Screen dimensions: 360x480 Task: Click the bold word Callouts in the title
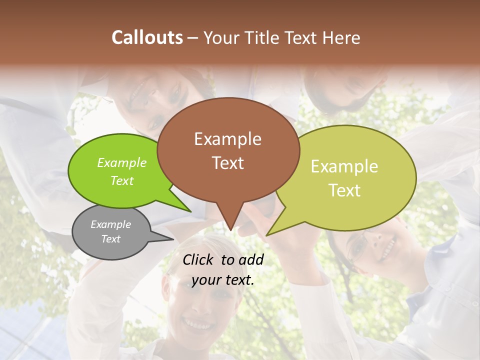(147, 37)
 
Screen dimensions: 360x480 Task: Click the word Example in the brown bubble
(227, 139)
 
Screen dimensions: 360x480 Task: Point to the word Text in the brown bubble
(227, 162)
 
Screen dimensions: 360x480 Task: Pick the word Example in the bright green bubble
(122, 163)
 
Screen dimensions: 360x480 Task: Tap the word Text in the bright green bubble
(122, 180)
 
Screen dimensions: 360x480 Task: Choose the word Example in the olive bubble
(344, 166)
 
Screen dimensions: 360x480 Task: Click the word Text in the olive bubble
(344, 190)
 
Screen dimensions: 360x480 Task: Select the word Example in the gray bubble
(110, 224)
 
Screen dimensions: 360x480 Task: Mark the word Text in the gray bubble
(110, 239)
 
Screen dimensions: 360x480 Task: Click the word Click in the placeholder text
(199, 259)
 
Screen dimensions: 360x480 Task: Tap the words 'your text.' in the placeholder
(222, 280)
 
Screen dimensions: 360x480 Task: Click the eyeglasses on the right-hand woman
(358, 247)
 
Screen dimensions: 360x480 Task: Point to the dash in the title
(193, 38)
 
